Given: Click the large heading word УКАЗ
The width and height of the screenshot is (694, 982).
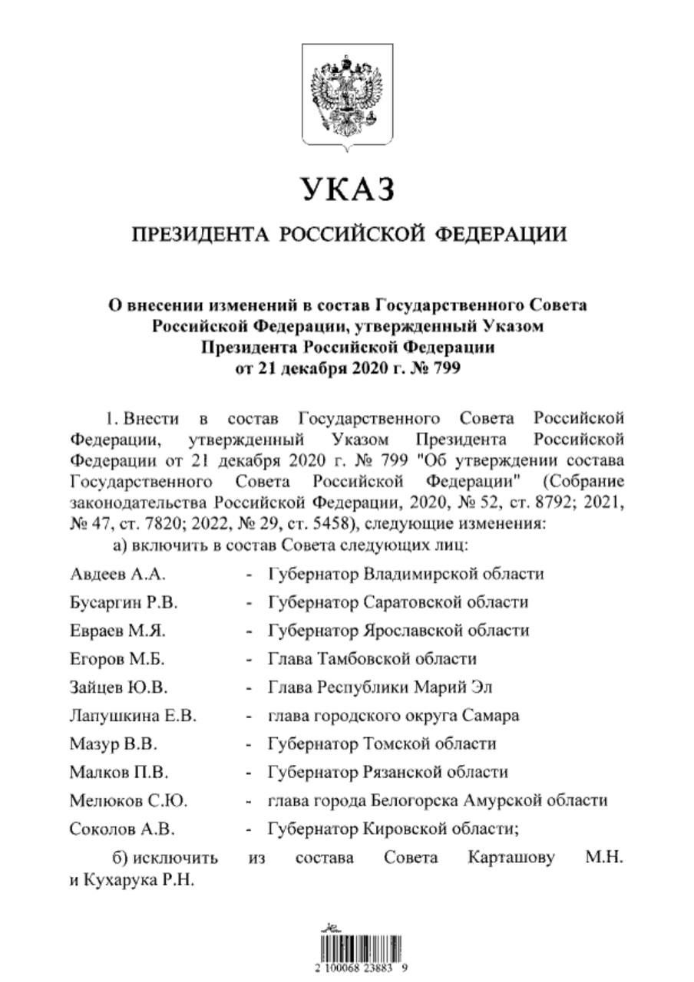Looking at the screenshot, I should pyautogui.click(x=348, y=189).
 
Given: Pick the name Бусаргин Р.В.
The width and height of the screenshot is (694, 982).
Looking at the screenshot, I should pyautogui.click(x=123, y=602).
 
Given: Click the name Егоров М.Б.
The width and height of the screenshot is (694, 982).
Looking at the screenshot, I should pyautogui.click(x=117, y=659).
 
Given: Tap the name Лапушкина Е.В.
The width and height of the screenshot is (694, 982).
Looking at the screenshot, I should pyautogui.click(x=133, y=716).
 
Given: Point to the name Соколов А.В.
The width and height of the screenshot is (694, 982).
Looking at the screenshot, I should pyautogui.click(x=121, y=829).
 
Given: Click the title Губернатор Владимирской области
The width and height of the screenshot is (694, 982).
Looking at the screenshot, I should pyautogui.click(x=405, y=574).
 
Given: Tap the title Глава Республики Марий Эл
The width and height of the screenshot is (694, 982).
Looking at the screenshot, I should pyautogui.click(x=384, y=687).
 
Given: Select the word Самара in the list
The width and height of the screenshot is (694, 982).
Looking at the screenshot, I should pyautogui.click(x=491, y=716).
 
